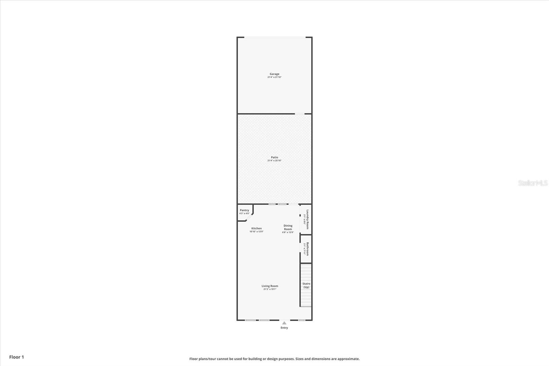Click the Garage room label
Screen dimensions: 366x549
click(x=274, y=74)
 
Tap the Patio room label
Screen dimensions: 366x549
click(x=274, y=157)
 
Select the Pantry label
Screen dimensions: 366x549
click(x=244, y=210)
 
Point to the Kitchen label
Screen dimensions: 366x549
click(x=256, y=228)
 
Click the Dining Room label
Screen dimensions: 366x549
click(x=288, y=227)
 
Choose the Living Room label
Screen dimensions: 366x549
click(x=270, y=286)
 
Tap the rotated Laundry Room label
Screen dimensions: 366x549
click(x=308, y=219)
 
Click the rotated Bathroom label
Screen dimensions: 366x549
click(x=308, y=249)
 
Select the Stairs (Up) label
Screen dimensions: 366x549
click(x=306, y=285)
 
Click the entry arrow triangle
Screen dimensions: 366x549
click(x=284, y=323)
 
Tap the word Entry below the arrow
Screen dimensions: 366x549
click(x=284, y=328)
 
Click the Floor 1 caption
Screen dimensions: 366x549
click(x=16, y=357)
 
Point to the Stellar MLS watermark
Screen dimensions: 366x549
click(x=533, y=183)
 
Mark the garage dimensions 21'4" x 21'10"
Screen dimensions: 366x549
click(x=274, y=77)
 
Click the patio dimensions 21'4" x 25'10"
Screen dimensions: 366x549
click(x=274, y=161)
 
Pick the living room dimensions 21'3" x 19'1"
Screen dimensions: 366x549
click(x=270, y=289)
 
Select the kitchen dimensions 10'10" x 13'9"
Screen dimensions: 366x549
click(x=256, y=232)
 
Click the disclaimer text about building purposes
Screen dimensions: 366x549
click(x=274, y=359)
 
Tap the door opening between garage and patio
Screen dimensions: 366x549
click(x=300, y=114)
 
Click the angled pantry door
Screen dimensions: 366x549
click(x=249, y=217)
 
